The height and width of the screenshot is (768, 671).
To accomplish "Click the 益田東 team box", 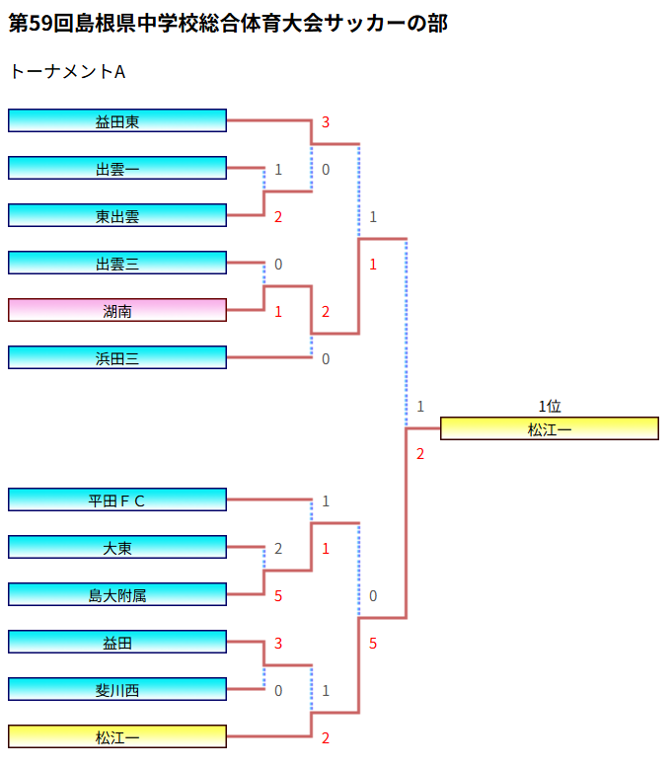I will [117, 120].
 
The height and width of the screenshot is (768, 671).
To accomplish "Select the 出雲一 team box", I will [117, 168].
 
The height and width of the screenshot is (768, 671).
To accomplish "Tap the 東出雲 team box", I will [117, 215].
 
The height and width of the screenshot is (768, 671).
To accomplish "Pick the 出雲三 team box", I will [117, 263].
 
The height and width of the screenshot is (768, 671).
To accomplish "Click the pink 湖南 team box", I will [117, 310].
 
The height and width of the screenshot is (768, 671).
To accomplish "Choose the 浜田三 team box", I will [117, 357].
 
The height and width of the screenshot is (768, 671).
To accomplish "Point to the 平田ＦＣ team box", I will [117, 499].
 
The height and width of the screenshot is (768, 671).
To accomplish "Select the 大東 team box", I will [117, 547].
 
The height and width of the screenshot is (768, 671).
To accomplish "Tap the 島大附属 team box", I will [117, 594].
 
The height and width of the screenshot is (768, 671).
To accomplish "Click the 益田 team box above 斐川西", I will [117, 642].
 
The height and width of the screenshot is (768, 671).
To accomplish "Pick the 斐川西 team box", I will [117, 689].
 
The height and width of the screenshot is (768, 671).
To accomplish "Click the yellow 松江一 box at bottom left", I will [117, 736].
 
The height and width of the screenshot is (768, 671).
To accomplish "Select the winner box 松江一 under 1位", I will [549, 428].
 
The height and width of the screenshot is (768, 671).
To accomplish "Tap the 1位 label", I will [549, 406].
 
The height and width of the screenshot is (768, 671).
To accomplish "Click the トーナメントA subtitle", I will [66, 72].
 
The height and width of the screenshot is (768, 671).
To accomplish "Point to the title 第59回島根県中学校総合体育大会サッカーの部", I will [228, 24].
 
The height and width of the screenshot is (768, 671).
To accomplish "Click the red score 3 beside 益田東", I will [326, 122].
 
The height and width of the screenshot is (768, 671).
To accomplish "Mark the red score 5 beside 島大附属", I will [278, 596].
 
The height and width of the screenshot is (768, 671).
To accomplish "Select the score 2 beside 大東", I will [278, 549].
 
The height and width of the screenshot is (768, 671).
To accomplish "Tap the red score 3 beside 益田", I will [278, 644].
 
